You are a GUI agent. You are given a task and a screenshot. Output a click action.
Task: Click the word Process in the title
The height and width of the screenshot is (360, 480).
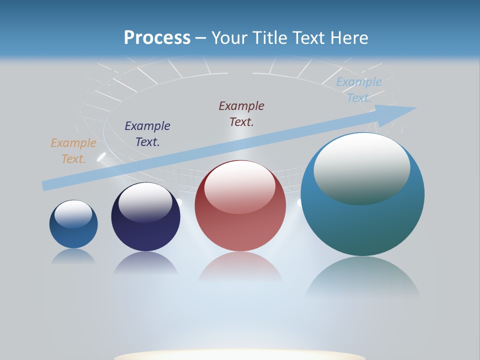click(157, 38)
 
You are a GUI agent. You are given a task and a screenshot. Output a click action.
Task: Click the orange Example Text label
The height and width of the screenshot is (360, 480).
click(73, 151)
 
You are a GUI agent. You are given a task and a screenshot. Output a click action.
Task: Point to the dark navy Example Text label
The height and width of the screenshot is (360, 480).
click(147, 134)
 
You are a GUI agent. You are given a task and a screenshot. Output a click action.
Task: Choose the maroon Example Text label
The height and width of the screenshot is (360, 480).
click(241, 113)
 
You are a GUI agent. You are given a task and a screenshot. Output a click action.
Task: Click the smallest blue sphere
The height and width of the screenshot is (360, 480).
click(73, 232)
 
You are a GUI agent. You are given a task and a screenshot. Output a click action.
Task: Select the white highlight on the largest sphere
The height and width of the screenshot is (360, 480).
click(361, 167)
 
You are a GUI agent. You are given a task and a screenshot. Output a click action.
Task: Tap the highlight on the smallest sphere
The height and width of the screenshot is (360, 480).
click(73, 214)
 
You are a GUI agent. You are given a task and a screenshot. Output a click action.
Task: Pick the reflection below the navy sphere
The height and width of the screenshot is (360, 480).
click(145, 263)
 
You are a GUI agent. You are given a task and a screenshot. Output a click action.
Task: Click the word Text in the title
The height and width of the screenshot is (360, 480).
click(313, 38)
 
